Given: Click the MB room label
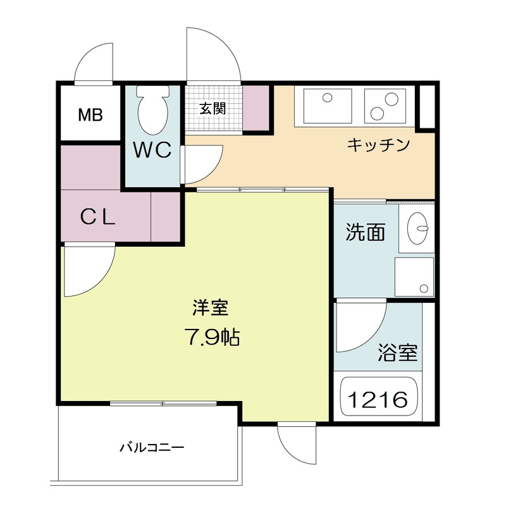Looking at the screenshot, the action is [90, 114].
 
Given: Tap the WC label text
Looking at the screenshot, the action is [152, 150].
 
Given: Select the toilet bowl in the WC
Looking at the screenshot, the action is [152, 110].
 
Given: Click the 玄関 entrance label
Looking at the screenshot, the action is [213, 108].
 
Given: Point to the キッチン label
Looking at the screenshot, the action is [378, 145].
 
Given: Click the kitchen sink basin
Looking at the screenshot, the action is [328, 106].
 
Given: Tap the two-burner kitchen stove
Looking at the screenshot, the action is [385, 106].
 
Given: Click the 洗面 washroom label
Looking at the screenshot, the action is [366, 232].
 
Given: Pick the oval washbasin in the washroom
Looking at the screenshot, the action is [417, 228].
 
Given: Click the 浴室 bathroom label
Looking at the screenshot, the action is [398, 353].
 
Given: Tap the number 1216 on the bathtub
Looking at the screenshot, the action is [378, 400].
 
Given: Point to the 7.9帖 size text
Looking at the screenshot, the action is [212, 337].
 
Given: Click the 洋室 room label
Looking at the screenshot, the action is [211, 307].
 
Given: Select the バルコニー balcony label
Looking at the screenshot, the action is [152, 447].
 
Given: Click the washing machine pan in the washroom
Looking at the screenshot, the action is [414, 277].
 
